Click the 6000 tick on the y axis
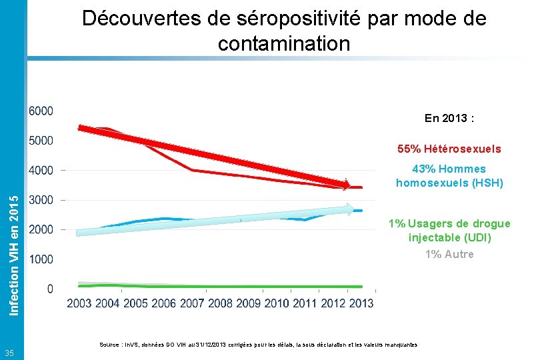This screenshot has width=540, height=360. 41,111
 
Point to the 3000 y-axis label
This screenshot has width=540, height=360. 41,200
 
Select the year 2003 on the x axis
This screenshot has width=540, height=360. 80,304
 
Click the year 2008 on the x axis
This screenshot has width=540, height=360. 220,304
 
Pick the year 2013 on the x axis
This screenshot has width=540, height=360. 361,304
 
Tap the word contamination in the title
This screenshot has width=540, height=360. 283,44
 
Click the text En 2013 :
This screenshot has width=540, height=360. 449,119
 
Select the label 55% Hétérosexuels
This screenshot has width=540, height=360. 449,149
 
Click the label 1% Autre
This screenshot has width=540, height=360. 449,254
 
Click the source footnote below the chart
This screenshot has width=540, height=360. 258,345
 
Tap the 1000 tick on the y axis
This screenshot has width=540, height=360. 41,259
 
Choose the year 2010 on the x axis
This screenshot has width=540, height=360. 276,304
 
